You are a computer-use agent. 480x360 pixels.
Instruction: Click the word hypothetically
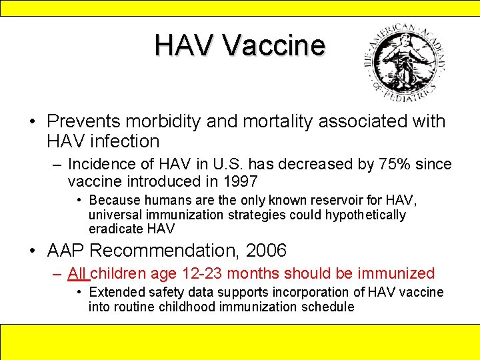(365, 215)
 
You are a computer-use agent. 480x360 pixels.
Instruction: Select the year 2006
(266, 251)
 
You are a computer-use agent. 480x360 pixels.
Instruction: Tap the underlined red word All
(77, 273)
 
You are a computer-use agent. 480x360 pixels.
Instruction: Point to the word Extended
(116, 292)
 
